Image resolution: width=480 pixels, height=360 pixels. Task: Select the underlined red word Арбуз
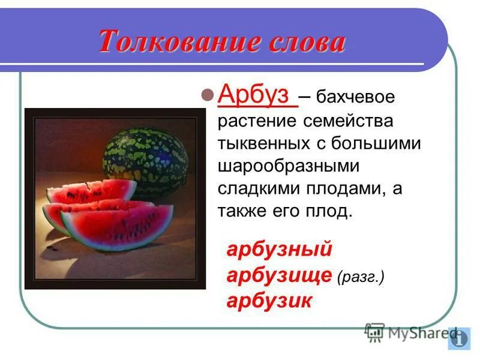pyautogui.click(x=257, y=95)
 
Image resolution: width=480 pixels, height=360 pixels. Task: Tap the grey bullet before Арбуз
pyautogui.click(x=207, y=95)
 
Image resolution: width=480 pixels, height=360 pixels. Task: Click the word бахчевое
pyautogui.click(x=356, y=97)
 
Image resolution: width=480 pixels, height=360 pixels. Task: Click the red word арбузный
pyautogui.click(x=279, y=250)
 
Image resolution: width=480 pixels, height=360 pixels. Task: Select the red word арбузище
pyautogui.click(x=279, y=275)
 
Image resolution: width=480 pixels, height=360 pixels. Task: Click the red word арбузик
pyautogui.click(x=269, y=301)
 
